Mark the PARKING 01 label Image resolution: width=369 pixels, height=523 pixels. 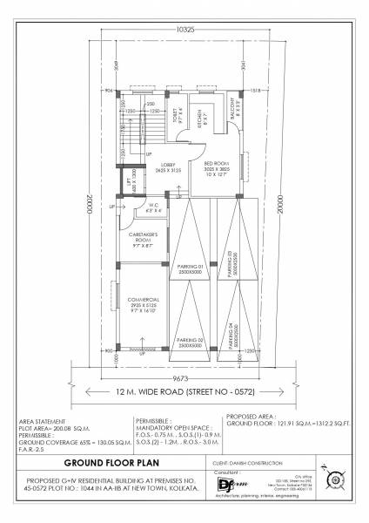pyautogui.click(x=188, y=269)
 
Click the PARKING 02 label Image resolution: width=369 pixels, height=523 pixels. pyautogui.click(x=188, y=343)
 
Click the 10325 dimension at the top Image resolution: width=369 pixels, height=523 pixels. pyautogui.click(x=184, y=31)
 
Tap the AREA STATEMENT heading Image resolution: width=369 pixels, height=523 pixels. pyautogui.click(x=39, y=420)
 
